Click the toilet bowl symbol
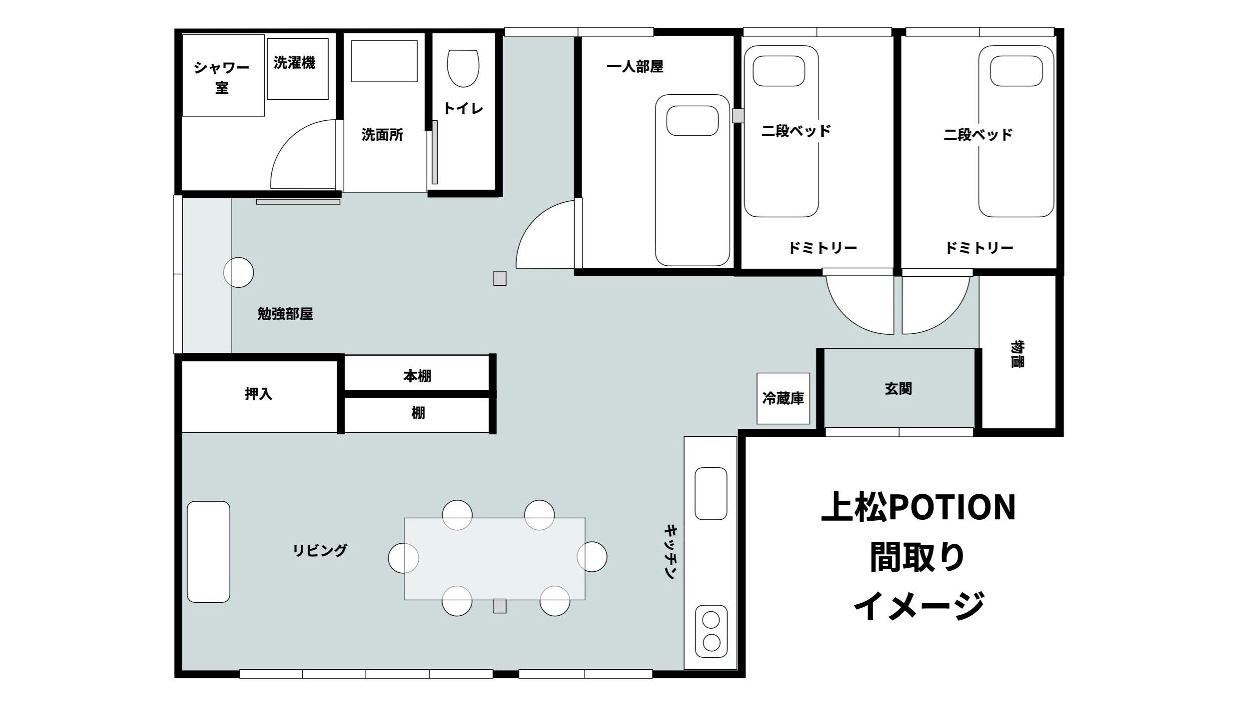pyautogui.click(x=463, y=68)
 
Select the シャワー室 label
pyautogui.click(x=222, y=77)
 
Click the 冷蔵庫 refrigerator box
pyautogui.click(x=783, y=398)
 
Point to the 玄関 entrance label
pyautogui.click(x=898, y=389)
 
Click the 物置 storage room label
pyautogui.click(x=1018, y=354)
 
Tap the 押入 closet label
pyautogui.click(x=259, y=394)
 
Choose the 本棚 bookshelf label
pyautogui.click(x=418, y=376)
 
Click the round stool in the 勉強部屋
pyautogui.click(x=238, y=272)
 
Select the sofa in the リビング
pyautogui.click(x=209, y=552)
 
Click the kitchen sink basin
pyautogui.click(x=711, y=493)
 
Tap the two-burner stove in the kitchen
pyautogui.click(x=711, y=631)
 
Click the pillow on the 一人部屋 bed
pyautogui.click(x=692, y=121)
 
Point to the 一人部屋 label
pyautogui.click(x=635, y=67)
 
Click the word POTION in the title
pyautogui.click(x=952, y=507)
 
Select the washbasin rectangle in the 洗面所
pyautogui.click(x=384, y=61)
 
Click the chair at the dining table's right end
pyautogui.click(x=592, y=557)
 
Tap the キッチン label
pyautogui.click(x=671, y=552)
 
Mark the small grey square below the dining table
pyautogui.click(x=500, y=606)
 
